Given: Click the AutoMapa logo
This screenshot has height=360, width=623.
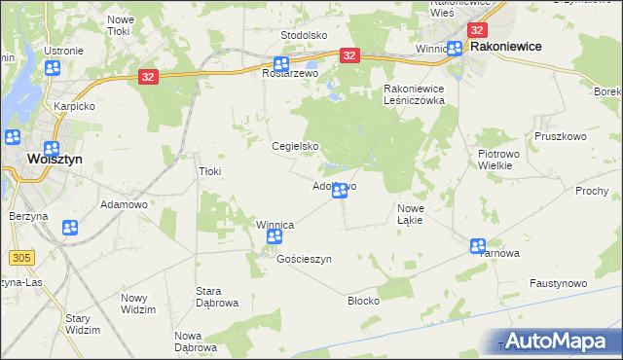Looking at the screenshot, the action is pyautogui.click(x=561, y=341).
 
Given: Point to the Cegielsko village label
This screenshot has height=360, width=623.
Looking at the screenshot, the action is pyautogui.click(x=295, y=147).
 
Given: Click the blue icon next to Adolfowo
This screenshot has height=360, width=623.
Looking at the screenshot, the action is pyautogui.click(x=339, y=192).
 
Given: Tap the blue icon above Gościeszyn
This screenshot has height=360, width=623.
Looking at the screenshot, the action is pyautogui.click(x=275, y=237).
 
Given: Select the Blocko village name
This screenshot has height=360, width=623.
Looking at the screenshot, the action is pyautogui.click(x=363, y=301).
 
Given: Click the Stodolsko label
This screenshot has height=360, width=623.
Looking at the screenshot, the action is pyautogui.click(x=303, y=35).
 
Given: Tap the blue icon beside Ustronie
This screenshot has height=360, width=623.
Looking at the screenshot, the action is pyautogui.click(x=53, y=68).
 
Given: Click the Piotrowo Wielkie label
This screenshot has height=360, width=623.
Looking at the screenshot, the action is pyautogui.click(x=502, y=160).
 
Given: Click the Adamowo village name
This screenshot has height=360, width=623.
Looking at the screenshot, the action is pyautogui.click(x=124, y=205).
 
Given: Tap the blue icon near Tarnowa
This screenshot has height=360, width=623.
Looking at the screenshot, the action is pyautogui.click(x=478, y=246).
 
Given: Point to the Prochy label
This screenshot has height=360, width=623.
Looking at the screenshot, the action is pyautogui.click(x=591, y=191).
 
